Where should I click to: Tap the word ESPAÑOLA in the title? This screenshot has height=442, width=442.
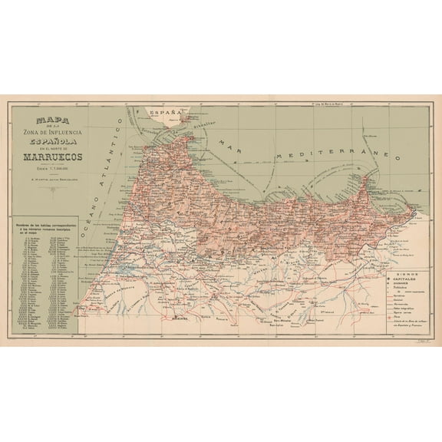[x=65, y=141]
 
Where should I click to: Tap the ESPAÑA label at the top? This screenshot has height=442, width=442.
[x=162, y=114]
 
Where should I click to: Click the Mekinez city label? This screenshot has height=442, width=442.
[x=181, y=316]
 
